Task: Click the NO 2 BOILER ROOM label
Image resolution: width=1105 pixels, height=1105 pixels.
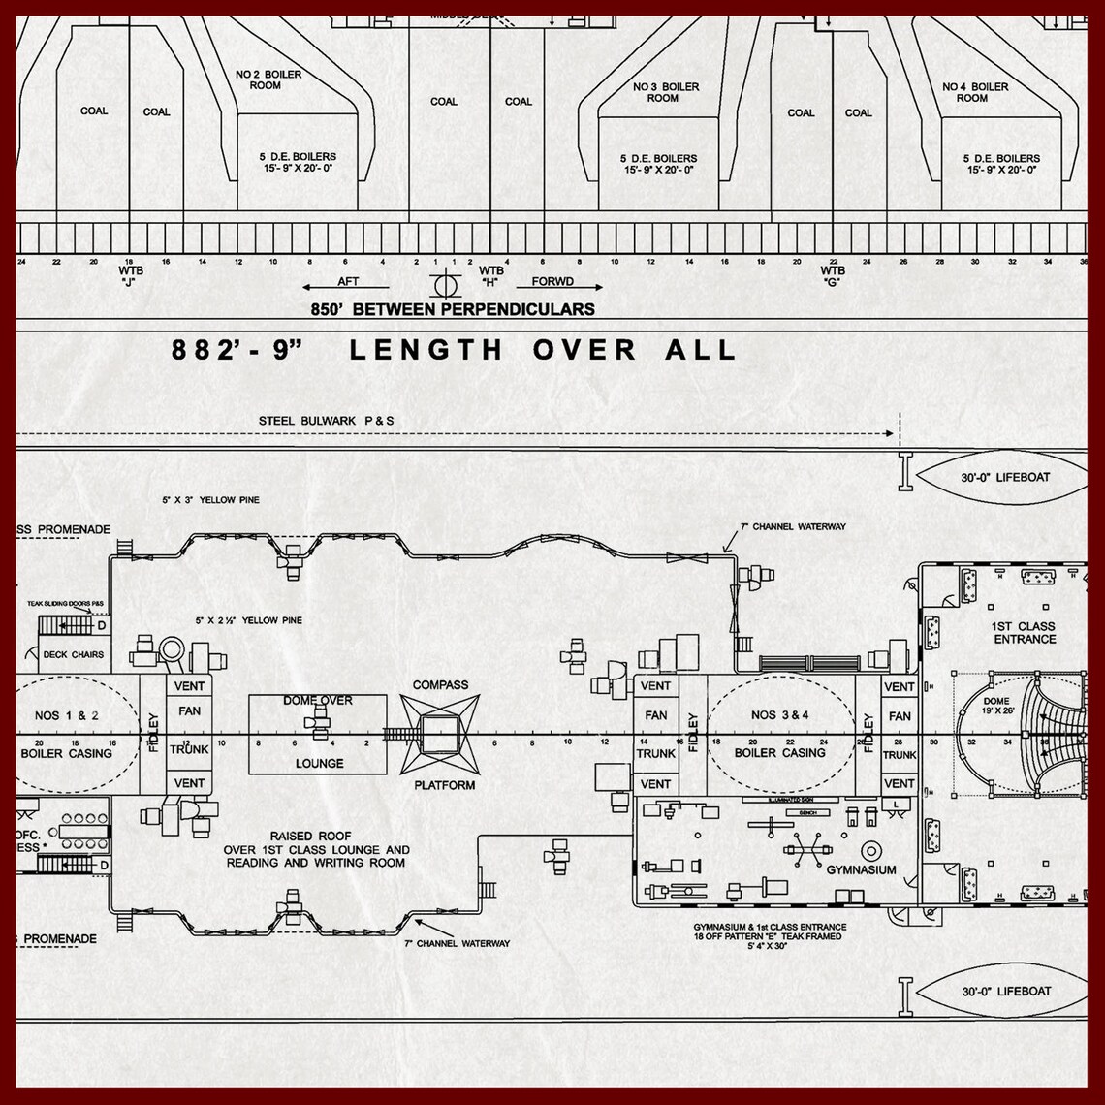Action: [x=268, y=79]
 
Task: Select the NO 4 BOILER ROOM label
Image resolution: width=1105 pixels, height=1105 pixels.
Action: [x=974, y=92]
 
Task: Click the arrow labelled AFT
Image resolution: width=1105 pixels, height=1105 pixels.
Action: [x=344, y=287]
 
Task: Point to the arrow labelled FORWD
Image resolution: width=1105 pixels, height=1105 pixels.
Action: [x=560, y=287]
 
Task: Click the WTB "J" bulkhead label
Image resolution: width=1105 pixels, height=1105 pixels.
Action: [x=130, y=276]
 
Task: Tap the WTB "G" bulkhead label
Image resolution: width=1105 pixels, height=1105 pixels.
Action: [x=832, y=276]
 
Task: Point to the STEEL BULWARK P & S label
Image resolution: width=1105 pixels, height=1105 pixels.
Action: [x=327, y=421]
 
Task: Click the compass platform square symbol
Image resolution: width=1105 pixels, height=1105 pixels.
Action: [x=439, y=734]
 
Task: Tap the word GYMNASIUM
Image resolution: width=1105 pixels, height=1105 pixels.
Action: [x=861, y=869]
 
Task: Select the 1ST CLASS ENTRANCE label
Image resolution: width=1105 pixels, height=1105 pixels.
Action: [x=1024, y=633]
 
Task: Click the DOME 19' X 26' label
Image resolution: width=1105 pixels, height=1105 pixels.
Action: [x=995, y=706]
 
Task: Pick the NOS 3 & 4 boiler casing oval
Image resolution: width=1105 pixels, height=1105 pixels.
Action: [x=780, y=734]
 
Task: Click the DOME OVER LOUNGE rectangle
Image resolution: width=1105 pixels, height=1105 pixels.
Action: [x=318, y=734]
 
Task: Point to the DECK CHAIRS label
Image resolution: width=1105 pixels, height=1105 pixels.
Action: [x=74, y=654]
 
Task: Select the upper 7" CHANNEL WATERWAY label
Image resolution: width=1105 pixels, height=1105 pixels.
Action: [x=794, y=527]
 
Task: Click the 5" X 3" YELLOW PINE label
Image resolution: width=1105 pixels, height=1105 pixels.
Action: [x=211, y=500]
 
